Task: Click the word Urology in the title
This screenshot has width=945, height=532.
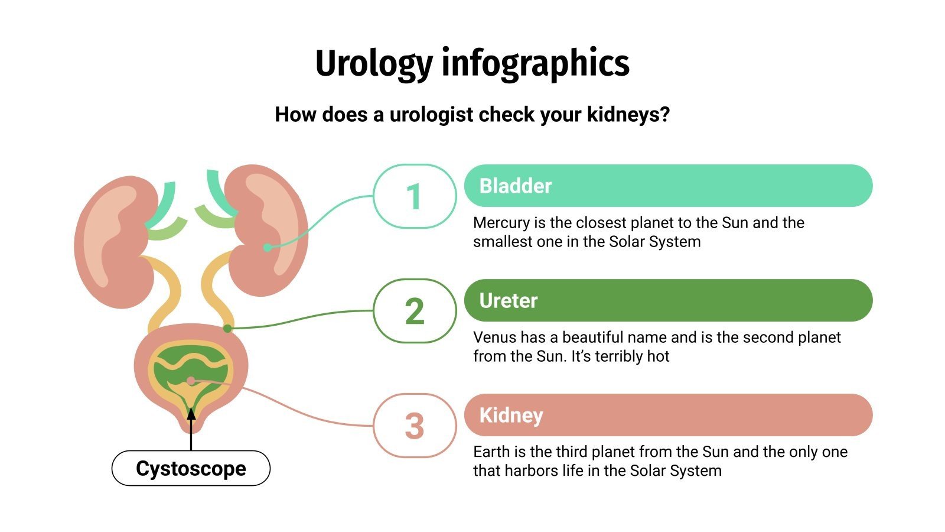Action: (x=374, y=63)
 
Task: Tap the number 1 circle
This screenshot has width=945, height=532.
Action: (x=415, y=196)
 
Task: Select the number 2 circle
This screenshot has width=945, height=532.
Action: (x=415, y=311)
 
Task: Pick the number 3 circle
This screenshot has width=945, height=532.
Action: (x=415, y=426)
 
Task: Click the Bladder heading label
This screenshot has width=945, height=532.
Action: (x=515, y=186)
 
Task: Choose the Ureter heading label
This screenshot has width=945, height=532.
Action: (x=509, y=300)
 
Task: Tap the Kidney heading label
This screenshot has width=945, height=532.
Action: (x=511, y=415)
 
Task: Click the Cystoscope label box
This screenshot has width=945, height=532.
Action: (x=191, y=468)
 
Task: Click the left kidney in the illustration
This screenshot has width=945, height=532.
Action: (x=109, y=242)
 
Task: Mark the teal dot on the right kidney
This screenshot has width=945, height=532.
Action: (x=268, y=247)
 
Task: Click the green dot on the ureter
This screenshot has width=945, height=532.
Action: (x=227, y=328)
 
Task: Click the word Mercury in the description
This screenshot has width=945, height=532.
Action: (x=501, y=223)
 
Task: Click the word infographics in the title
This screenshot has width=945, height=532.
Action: (x=535, y=63)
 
